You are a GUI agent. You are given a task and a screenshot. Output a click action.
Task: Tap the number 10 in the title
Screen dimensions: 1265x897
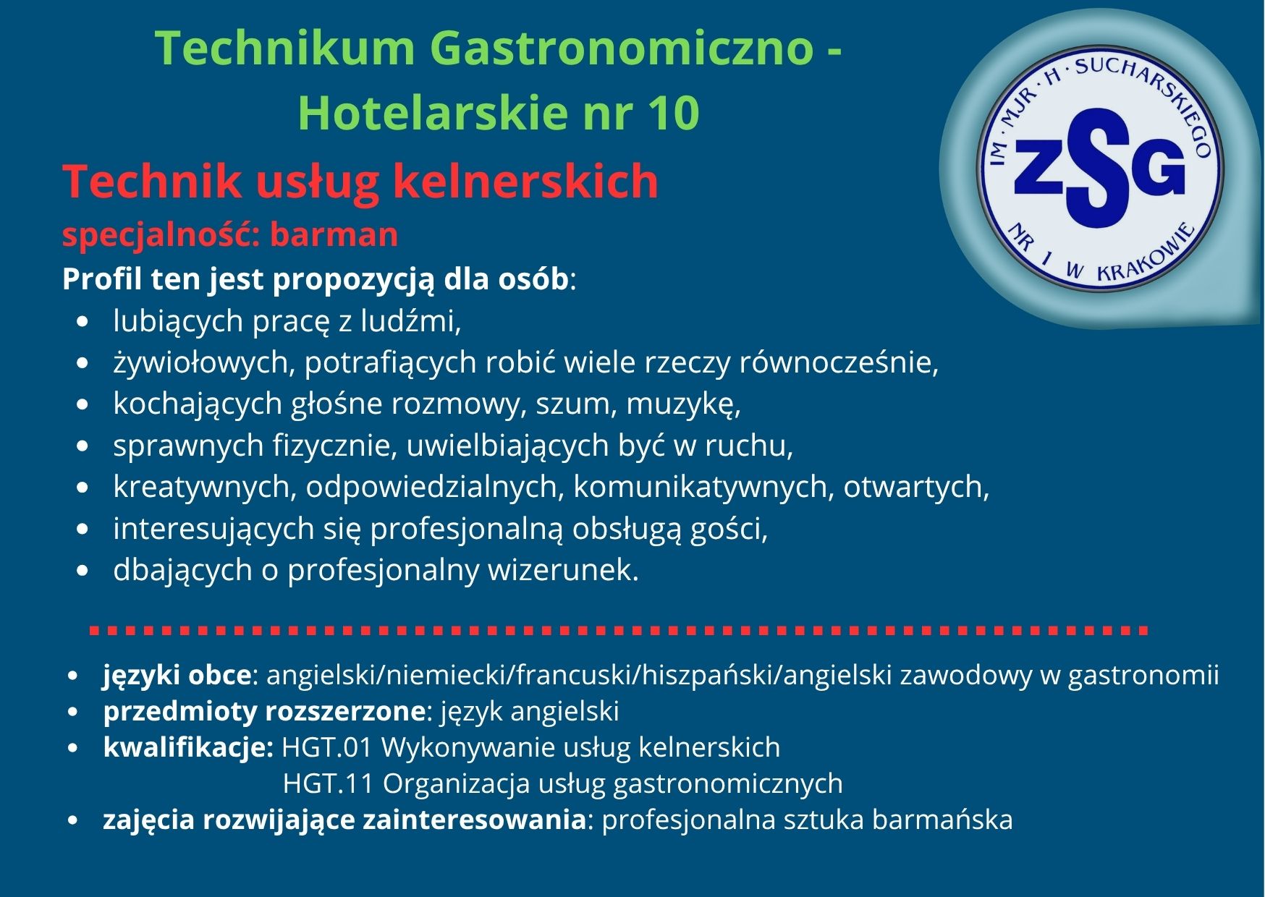674,114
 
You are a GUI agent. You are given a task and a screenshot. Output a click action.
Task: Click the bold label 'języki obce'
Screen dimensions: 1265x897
177,675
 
